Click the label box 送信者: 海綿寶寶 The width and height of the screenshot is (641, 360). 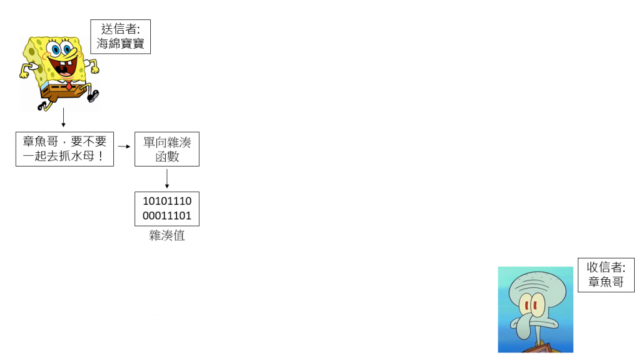(120, 36)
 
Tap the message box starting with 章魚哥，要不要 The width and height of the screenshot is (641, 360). (64, 148)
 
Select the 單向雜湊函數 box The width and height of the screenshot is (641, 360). (167, 148)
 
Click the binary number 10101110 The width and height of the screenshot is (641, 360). (167, 201)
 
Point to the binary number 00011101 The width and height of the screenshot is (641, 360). (167, 216)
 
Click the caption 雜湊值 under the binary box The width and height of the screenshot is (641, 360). (167, 236)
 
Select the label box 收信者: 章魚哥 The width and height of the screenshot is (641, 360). (605, 274)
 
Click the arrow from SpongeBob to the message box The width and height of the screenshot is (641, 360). (63, 118)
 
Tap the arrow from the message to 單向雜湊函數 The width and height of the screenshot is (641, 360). (124, 147)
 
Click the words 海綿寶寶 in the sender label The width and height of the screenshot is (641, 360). (120, 44)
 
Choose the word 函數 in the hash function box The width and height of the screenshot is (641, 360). (167, 157)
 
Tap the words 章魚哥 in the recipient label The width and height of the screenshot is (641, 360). (605, 282)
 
